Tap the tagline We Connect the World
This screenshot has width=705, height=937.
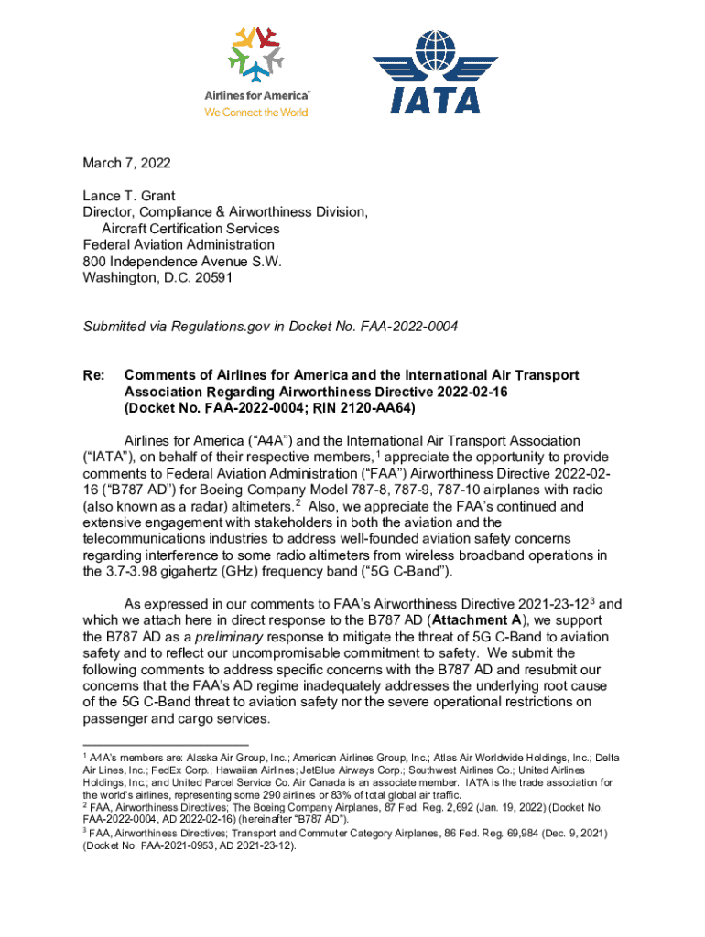(255, 113)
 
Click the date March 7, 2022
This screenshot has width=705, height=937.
(126, 164)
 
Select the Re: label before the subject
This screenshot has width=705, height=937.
(94, 376)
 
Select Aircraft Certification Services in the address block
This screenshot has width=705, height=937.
(190, 229)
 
